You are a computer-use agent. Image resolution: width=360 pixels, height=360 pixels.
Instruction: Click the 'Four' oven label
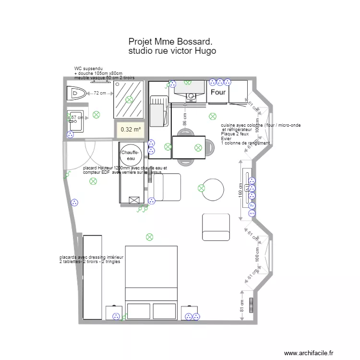click(x=218, y=92)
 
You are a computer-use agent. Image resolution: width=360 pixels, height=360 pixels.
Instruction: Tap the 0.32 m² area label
click(x=131, y=129)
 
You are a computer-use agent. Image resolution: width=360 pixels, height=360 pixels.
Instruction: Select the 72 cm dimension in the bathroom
click(x=100, y=93)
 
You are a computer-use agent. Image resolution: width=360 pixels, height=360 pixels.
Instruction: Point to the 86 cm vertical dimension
click(x=184, y=115)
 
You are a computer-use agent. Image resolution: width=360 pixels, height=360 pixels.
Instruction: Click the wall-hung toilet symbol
click(x=76, y=92)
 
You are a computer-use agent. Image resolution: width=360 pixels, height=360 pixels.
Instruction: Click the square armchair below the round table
click(x=216, y=227)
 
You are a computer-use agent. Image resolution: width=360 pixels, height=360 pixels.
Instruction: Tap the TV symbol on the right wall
click(x=252, y=205)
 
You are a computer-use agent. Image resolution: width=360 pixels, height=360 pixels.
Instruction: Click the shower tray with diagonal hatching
click(x=129, y=99)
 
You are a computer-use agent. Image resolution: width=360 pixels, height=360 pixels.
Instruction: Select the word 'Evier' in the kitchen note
click(x=226, y=139)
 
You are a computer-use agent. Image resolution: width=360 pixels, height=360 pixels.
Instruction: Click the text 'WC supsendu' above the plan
click(x=88, y=69)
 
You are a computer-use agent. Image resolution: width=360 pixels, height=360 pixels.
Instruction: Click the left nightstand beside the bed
click(x=114, y=312)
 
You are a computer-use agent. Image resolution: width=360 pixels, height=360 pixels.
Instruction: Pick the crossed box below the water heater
click(x=134, y=199)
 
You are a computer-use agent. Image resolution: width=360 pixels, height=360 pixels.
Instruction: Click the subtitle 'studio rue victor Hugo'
click(x=172, y=51)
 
